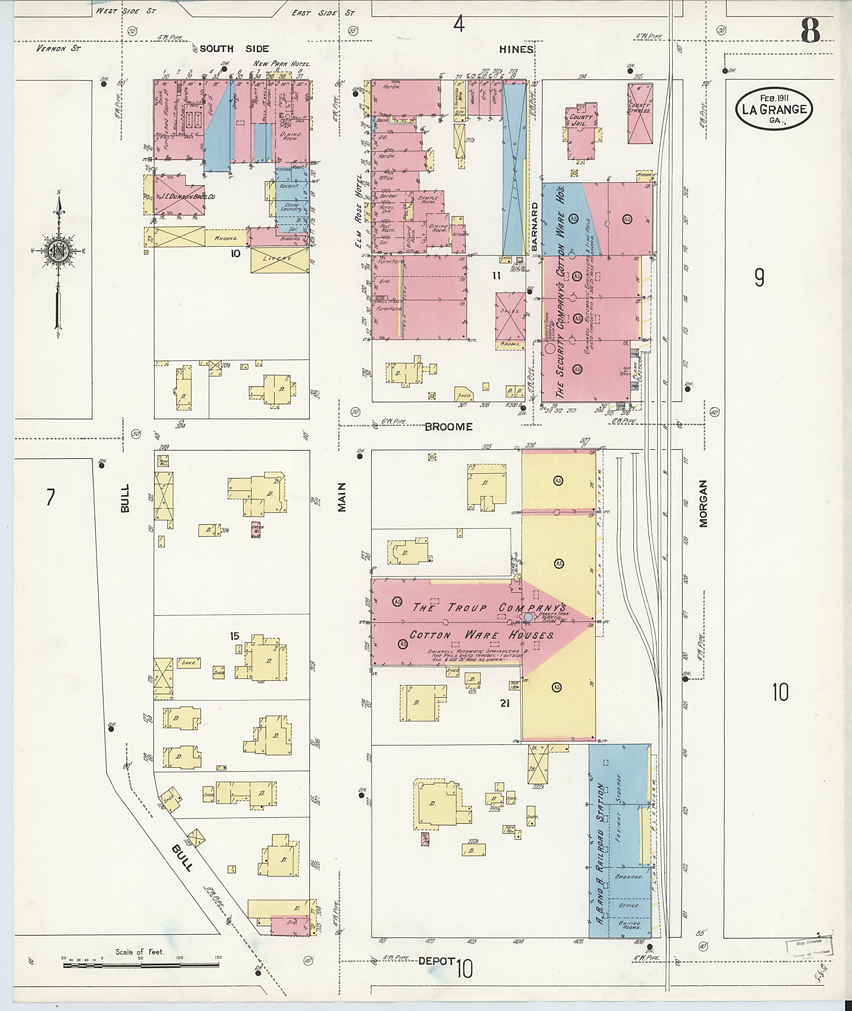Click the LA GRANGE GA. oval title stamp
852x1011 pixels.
pyautogui.click(x=774, y=109)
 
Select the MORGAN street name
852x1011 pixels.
pyautogui.click(x=703, y=503)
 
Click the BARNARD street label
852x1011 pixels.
pyautogui.click(x=535, y=226)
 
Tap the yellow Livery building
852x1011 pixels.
pyautogui.click(x=280, y=260)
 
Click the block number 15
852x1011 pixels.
pyautogui.click(x=234, y=636)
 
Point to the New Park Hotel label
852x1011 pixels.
pyautogui.click(x=282, y=64)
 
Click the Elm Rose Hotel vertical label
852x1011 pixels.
pyautogui.click(x=359, y=211)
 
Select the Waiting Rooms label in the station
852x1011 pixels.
pyautogui.click(x=629, y=925)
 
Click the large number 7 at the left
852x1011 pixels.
pyautogui.click(x=50, y=497)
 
